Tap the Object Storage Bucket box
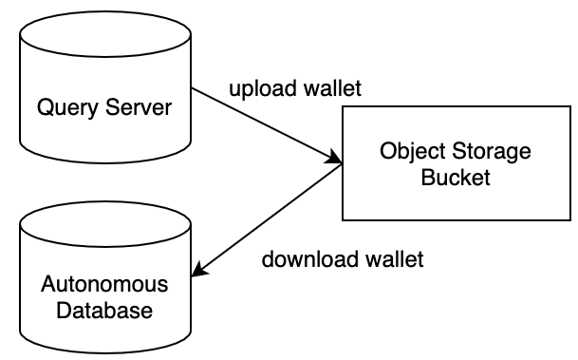pyautogui.click(x=455, y=164)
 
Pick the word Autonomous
pyautogui.click(x=104, y=284)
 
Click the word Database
pyautogui.click(x=104, y=310)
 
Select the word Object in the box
pyautogui.click(x=408, y=151)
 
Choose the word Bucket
pyautogui.click(x=455, y=178)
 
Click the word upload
pyautogui.click(x=255, y=91)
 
